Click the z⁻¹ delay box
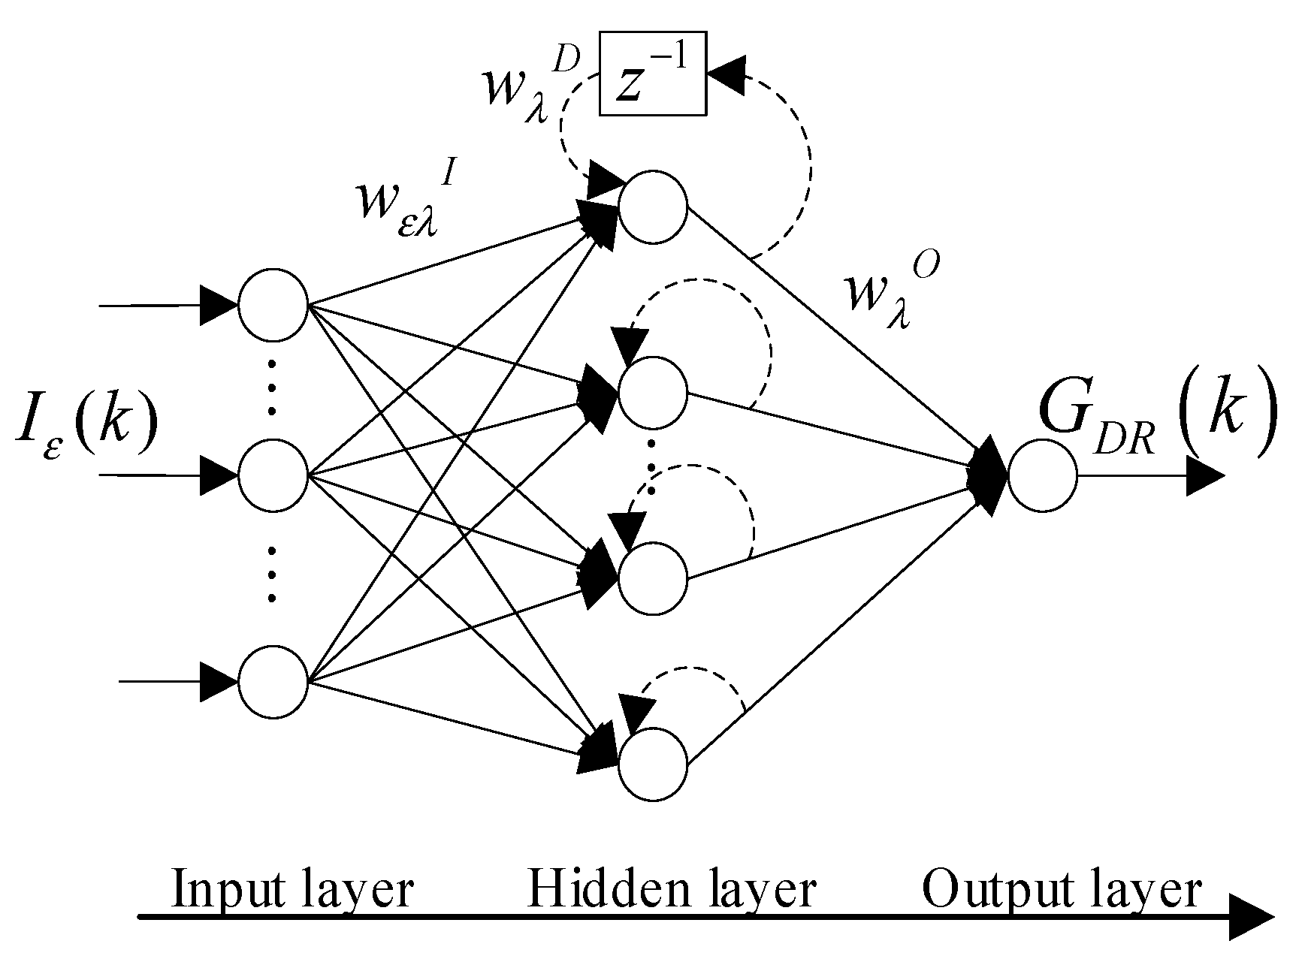(653, 73)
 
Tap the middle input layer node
(273, 475)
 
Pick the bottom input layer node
(273, 682)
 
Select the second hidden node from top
(653, 391)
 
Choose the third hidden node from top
(653, 579)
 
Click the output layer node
(1042, 475)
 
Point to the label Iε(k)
(86, 432)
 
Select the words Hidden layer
(671, 890)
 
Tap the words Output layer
(1061, 890)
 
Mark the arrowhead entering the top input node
(219, 306)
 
